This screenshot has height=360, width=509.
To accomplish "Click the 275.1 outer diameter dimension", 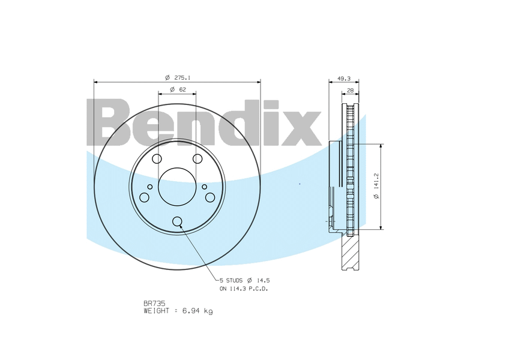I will [x=178, y=78].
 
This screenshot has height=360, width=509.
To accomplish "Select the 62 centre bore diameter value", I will [x=178, y=89].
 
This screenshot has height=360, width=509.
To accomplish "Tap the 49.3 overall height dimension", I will [x=343, y=78].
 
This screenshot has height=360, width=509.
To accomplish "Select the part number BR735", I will [x=154, y=304].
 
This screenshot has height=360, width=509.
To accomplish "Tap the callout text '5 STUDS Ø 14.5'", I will [x=244, y=280].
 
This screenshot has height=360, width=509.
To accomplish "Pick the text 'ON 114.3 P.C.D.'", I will [x=244, y=289].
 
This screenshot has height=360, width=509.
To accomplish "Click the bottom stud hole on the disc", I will [x=177, y=221].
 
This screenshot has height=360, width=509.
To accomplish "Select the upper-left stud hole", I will [x=157, y=159].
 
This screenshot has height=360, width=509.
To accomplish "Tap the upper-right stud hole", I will [x=197, y=159].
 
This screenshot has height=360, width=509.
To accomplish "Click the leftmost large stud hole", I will [x=144, y=197].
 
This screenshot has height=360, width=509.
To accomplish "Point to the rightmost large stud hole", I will [x=210, y=197].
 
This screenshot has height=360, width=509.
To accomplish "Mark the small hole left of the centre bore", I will [x=150, y=187].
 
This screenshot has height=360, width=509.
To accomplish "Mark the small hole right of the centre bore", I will [x=204, y=187].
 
